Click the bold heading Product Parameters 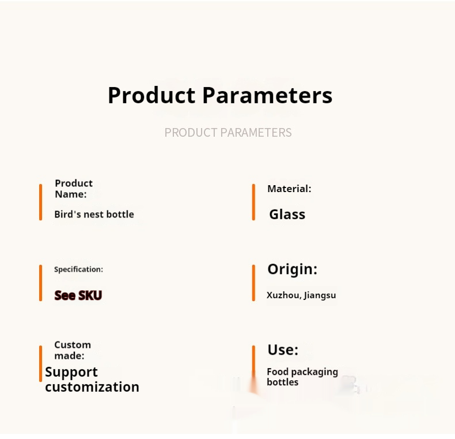coord(220,95)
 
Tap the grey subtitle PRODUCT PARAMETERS coord(228,133)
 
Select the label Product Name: coord(74,189)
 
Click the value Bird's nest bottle coord(94,214)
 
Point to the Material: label coord(289,189)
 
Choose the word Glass coord(287,215)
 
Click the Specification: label coord(78,269)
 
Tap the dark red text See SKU coord(78,295)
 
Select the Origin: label coord(292,269)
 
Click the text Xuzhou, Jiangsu coord(301,295)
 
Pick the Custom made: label coord(73,350)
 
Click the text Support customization coord(92,380)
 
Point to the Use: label coord(283,350)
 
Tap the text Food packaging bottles coord(302,377)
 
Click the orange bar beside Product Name coord(41,202)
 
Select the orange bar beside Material coord(253,202)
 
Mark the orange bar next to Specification coord(41,283)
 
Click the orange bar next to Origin coord(253,283)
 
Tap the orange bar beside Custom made coord(41,363)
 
